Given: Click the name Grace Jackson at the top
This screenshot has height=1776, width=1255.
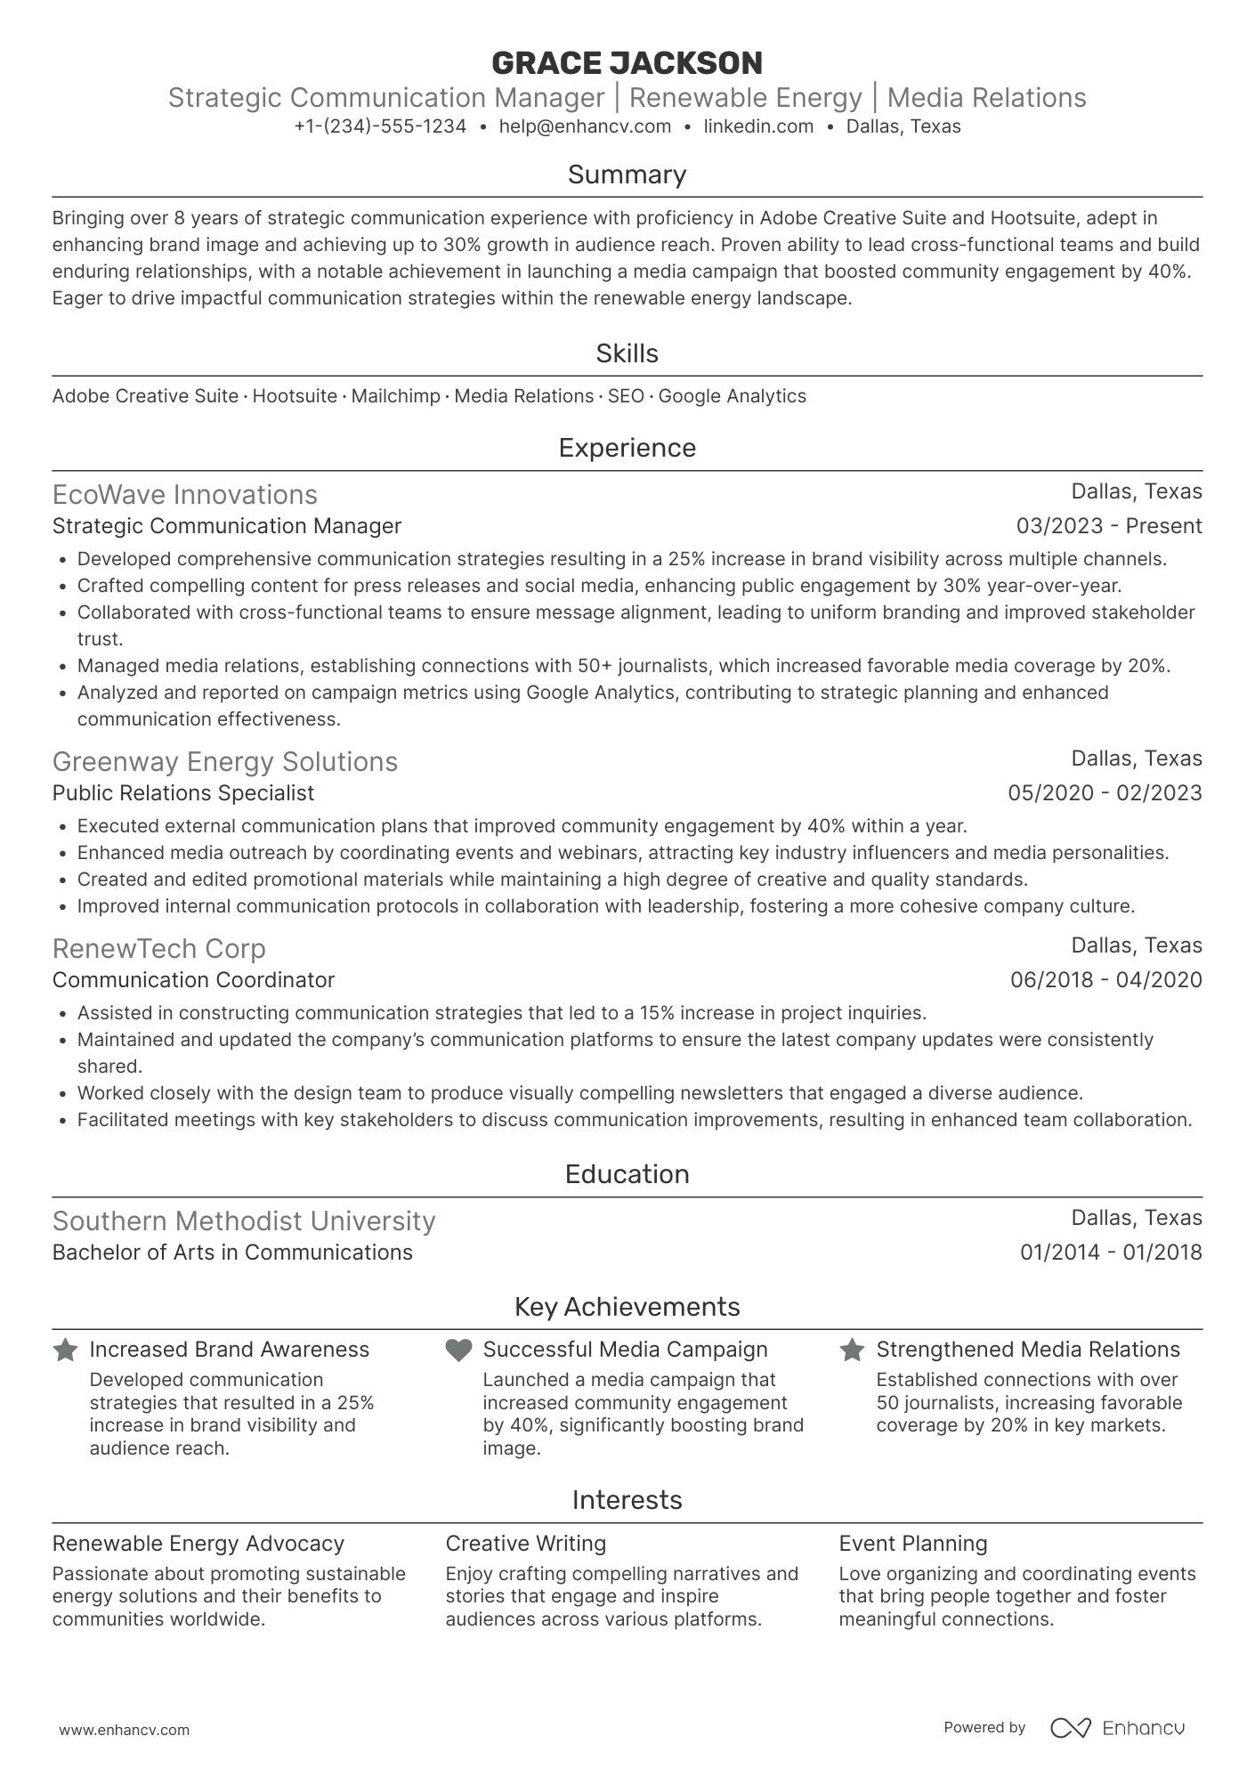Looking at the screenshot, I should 627,63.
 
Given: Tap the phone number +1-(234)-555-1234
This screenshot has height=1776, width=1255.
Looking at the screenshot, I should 380,126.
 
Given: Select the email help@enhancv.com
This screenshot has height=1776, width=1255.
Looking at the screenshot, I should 585,126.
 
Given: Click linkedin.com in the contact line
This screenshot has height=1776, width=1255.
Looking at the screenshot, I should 758,126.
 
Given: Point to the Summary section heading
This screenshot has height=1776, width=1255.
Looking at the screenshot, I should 627,174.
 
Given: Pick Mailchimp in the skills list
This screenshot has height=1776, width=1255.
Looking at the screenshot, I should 395,396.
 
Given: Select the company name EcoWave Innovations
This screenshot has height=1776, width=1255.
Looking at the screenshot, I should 184,495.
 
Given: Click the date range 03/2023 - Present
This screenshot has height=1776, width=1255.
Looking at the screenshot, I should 1108,526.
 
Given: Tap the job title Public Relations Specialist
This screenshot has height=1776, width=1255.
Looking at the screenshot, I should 183,793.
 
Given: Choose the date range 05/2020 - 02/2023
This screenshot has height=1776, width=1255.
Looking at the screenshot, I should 1104,793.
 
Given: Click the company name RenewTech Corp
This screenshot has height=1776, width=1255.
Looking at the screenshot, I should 158,949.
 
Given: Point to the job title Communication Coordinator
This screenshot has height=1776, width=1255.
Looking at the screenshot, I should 193,980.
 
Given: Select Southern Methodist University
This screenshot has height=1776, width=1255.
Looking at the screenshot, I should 244,1221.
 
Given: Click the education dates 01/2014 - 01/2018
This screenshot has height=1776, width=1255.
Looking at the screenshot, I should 1110,1253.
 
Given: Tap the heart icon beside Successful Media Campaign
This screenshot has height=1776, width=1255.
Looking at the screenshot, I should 458,1350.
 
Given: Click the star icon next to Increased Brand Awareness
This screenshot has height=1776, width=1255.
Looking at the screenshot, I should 65,1350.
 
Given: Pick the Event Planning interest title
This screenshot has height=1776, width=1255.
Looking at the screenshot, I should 912,1544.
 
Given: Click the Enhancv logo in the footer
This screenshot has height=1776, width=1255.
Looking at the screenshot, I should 1117,1728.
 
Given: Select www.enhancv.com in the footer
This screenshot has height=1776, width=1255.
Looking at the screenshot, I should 124,1731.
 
